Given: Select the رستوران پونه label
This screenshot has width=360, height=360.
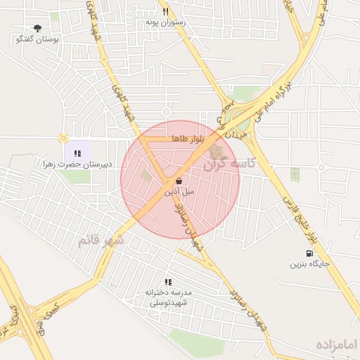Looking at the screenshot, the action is point(165,22).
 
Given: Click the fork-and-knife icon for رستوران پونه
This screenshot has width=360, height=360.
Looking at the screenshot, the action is point(165,11).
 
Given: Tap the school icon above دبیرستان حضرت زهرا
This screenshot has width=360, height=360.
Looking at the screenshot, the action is point(77,153).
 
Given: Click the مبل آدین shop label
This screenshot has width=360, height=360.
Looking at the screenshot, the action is point(179,191).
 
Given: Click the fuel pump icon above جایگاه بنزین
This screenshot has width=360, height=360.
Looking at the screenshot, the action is point(310,254).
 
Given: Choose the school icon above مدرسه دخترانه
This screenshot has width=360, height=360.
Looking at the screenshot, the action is point(167,282).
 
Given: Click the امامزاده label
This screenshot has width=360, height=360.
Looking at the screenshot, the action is point(337,345).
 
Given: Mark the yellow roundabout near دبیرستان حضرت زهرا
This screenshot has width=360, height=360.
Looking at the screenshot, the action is point(63,139).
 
